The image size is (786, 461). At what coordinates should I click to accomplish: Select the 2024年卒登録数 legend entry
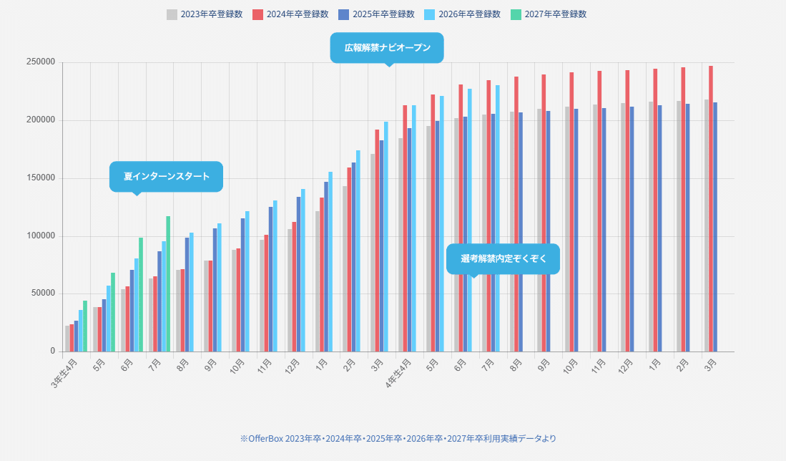(290, 14)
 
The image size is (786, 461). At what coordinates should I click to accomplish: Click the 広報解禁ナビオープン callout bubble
(387, 48)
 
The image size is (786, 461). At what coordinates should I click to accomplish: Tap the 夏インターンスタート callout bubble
(166, 176)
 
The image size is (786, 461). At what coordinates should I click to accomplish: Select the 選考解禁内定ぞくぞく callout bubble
(503, 258)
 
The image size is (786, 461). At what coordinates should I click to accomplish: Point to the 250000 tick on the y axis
(41, 62)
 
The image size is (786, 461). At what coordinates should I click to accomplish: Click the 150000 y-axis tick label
(41, 178)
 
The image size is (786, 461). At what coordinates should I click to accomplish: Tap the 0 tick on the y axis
(53, 351)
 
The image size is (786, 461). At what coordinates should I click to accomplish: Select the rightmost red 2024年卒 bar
(710, 208)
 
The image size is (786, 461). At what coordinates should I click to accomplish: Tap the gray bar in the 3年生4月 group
(67, 339)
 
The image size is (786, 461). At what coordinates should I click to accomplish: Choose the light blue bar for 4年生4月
(413, 228)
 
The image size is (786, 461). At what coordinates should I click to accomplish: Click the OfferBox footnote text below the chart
(398, 438)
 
